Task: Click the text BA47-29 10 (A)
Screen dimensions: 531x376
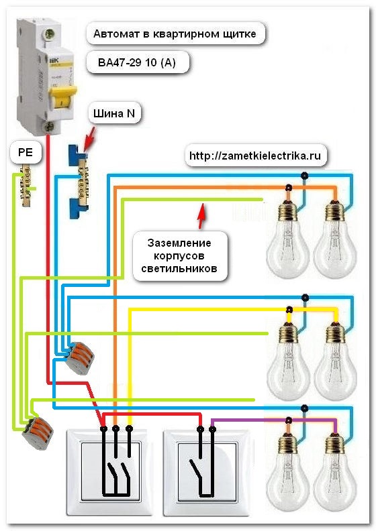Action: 138,62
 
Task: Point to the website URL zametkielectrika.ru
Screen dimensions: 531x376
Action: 254,156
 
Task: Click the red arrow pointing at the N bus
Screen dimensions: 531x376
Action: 89,138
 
